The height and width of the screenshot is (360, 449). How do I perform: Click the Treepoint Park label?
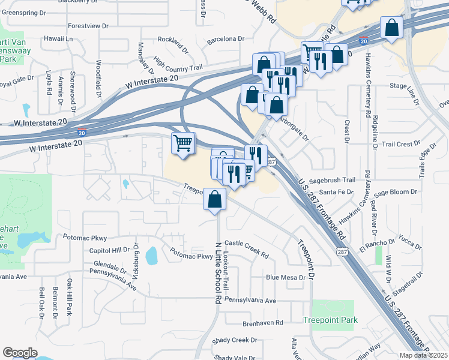point(330,320)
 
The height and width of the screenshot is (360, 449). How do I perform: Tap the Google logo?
point(20,353)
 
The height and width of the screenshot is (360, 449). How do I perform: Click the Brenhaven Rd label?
point(263,323)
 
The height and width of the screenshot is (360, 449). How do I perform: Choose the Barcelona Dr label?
point(225,39)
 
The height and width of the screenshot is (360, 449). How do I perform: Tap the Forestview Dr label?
point(88,26)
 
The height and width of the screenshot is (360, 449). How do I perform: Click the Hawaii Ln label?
point(58,39)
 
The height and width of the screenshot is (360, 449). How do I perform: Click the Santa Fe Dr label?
point(337,191)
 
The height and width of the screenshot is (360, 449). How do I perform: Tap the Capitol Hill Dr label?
point(110,250)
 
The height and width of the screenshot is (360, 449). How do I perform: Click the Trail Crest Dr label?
point(401,144)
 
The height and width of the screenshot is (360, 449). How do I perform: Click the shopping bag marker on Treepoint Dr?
point(215,199)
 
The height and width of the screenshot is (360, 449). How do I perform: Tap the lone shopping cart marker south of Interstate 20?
point(184,142)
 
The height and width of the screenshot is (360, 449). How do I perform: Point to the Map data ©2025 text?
point(424,355)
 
